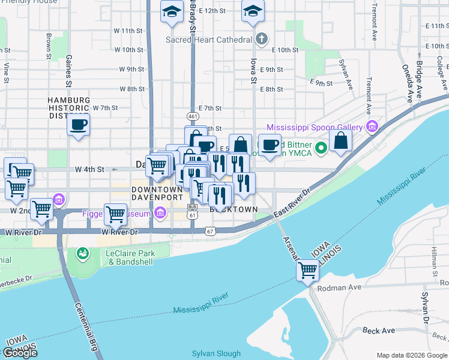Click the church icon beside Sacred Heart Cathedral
[261, 40]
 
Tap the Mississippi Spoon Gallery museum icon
[372, 127]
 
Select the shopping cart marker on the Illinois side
[308, 270]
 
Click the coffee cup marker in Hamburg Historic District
[78, 125]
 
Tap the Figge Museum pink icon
[160, 212]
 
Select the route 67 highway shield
[209, 231]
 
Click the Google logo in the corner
[20, 353]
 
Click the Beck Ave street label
[379, 331]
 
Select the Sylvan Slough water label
[216, 353]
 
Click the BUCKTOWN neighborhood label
[234, 209]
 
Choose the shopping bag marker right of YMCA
[340, 142]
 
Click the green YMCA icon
[321, 146]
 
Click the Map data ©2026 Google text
[412, 355]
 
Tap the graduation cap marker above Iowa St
[253, 11]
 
